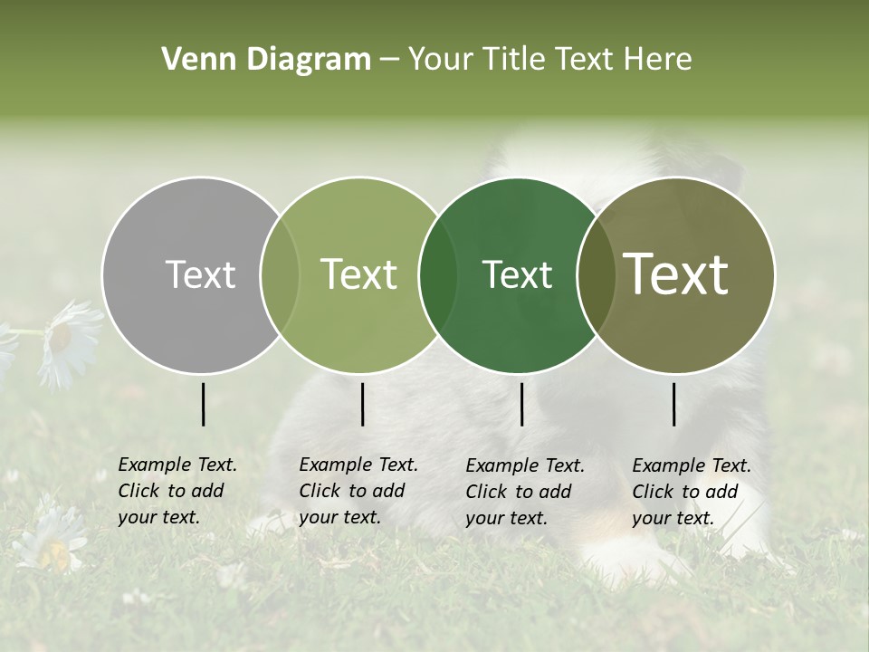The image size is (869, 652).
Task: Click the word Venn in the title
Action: tap(195, 60)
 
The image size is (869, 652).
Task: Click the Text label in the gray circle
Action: tap(200, 274)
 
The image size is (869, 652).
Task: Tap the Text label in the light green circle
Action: tap(358, 274)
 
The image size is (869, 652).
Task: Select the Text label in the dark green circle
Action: tap(517, 274)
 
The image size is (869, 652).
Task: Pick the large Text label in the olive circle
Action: tap(676, 274)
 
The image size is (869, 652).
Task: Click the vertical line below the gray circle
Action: tap(203, 404)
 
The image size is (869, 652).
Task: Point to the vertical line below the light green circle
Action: tap(362, 404)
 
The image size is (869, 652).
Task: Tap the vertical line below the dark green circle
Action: tap(521, 404)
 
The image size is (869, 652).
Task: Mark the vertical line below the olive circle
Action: tap(674, 404)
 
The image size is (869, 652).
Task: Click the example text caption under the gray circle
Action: tap(177, 491)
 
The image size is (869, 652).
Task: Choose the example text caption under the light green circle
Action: tap(358, 491)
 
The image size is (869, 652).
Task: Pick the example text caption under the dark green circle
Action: tap(525, 492)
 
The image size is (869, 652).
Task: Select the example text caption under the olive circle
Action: tap(692, 492)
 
